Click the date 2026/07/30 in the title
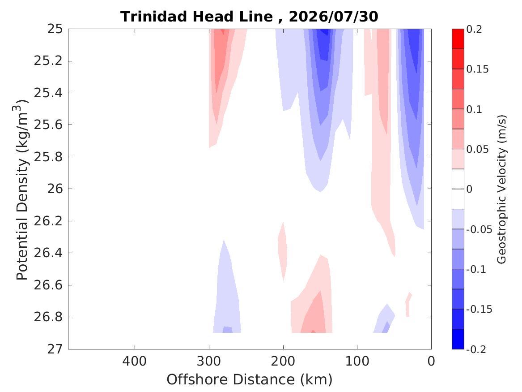pyautogui.click(x=333, y=16)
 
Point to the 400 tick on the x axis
pyautogui.click(x=135, y=361)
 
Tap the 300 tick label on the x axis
pyautogui.click(x=209, y=361)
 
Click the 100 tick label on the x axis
pyautogui.click(x=357, y=361)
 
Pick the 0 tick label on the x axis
pyautogui.click(x=431, y=361)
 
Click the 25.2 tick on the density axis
pyautogui.click(x=48, y=61)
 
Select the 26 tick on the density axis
pyautogui.click(x=55, y=189)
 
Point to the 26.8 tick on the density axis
pyautogui.click(x=48, y=317)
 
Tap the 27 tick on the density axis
pyautogui.click(x=55, y=349)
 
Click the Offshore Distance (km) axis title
pyautogui.click(x=249, y=379)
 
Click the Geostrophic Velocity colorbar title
pyautogui.click(x=501, y=189)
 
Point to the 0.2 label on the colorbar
pyautogui.click(x=474, y=29)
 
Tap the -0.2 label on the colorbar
pyautogui.click(x=476, y=349)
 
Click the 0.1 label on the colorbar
pyautogui.click(x=474, y=109)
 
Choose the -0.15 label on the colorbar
pyautogui.click(x=479, y=309)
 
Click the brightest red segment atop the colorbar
pyautogui.click(x=458, y=39)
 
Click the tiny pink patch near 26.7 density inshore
pyautogui.click(x=408, y=304)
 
